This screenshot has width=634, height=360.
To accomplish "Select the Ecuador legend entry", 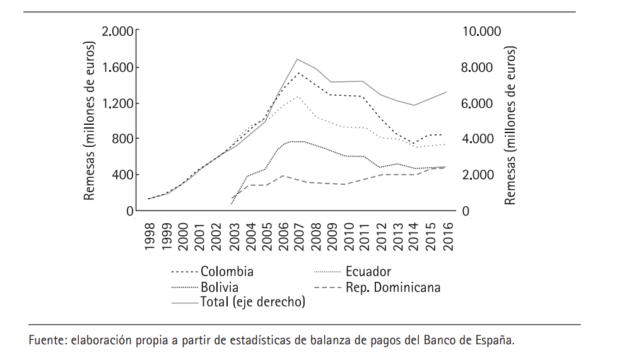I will point(368,272).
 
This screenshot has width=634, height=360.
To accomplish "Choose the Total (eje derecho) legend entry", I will point(252,303).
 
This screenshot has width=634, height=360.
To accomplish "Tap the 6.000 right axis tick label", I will point(479,103).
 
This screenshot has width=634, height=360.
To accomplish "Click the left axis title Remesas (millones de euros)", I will point(90,121).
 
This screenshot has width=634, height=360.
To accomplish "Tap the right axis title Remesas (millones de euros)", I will point(510,125).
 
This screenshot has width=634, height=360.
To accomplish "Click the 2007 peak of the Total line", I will point(297,59).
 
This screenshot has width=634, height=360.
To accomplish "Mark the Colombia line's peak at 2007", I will point(298,73).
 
